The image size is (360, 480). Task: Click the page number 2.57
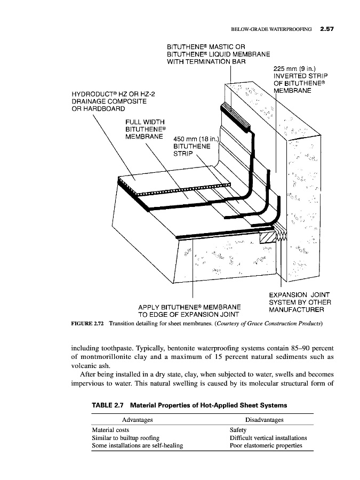(324, 29)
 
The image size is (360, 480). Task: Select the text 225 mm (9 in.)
(294, 69)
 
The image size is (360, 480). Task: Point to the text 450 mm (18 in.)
(197, 140)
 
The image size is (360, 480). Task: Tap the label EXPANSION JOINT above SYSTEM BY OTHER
(299, 295)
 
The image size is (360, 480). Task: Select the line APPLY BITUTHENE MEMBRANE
(189, 307)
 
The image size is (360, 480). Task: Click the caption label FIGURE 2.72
(88, 324)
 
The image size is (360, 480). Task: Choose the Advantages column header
(137, 420)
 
